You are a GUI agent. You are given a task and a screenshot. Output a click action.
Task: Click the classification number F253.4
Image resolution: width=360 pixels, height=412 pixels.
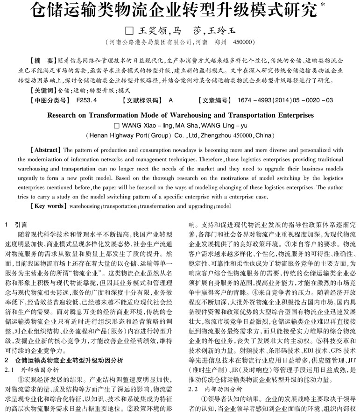click(86, 100)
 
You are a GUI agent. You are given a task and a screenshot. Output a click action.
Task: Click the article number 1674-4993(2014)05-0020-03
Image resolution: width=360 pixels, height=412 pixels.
click(285, 100)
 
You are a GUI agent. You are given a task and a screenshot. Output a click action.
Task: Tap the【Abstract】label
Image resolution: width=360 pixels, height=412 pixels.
click(45, 150)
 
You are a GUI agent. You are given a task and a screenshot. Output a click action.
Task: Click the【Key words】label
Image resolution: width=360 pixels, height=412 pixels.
click(47, 206)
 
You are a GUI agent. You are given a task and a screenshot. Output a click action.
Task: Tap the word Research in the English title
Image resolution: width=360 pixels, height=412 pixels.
click(64, 114)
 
